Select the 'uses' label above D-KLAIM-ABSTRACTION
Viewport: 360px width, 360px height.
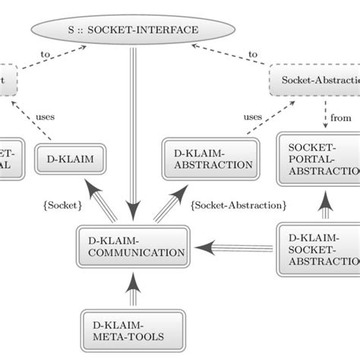click(x=253, y=116)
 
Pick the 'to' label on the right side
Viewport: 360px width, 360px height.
click(x=253, y=55)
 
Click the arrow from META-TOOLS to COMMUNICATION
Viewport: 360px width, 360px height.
click(x=133, y=290)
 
